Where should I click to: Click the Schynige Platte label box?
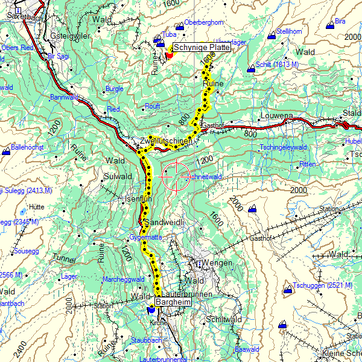[201, 48]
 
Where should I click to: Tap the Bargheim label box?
[173, 302]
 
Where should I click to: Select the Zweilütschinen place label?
[165, 141]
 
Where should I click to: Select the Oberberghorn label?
[203, 23]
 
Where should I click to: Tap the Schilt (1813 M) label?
[277, 65]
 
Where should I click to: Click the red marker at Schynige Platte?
[169, 54]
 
